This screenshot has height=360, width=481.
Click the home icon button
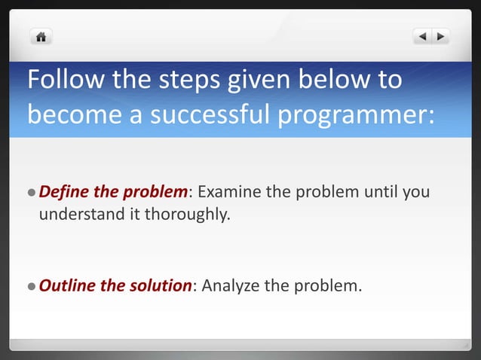pos(41,35)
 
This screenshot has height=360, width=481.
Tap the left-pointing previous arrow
pos(422,35)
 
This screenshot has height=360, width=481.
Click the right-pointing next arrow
pos(440,35)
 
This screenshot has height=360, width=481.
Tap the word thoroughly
pos(185,215)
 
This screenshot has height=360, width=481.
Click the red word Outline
pos(66,285)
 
